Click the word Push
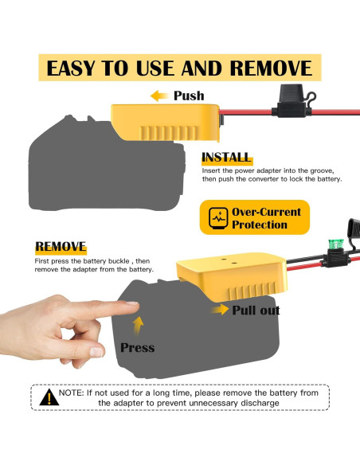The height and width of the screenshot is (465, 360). click(189, 96)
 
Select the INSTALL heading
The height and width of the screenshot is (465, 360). click(226, 158)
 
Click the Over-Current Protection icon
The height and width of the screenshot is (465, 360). click(217, 217)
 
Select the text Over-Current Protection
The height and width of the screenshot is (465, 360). click(266, 218)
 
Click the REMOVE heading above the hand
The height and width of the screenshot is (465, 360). click(61, 248)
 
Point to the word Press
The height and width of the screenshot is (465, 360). click(137, 347)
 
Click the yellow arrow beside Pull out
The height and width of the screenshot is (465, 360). click(219, 310)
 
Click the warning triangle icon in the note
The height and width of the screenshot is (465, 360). click(49, 396)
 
